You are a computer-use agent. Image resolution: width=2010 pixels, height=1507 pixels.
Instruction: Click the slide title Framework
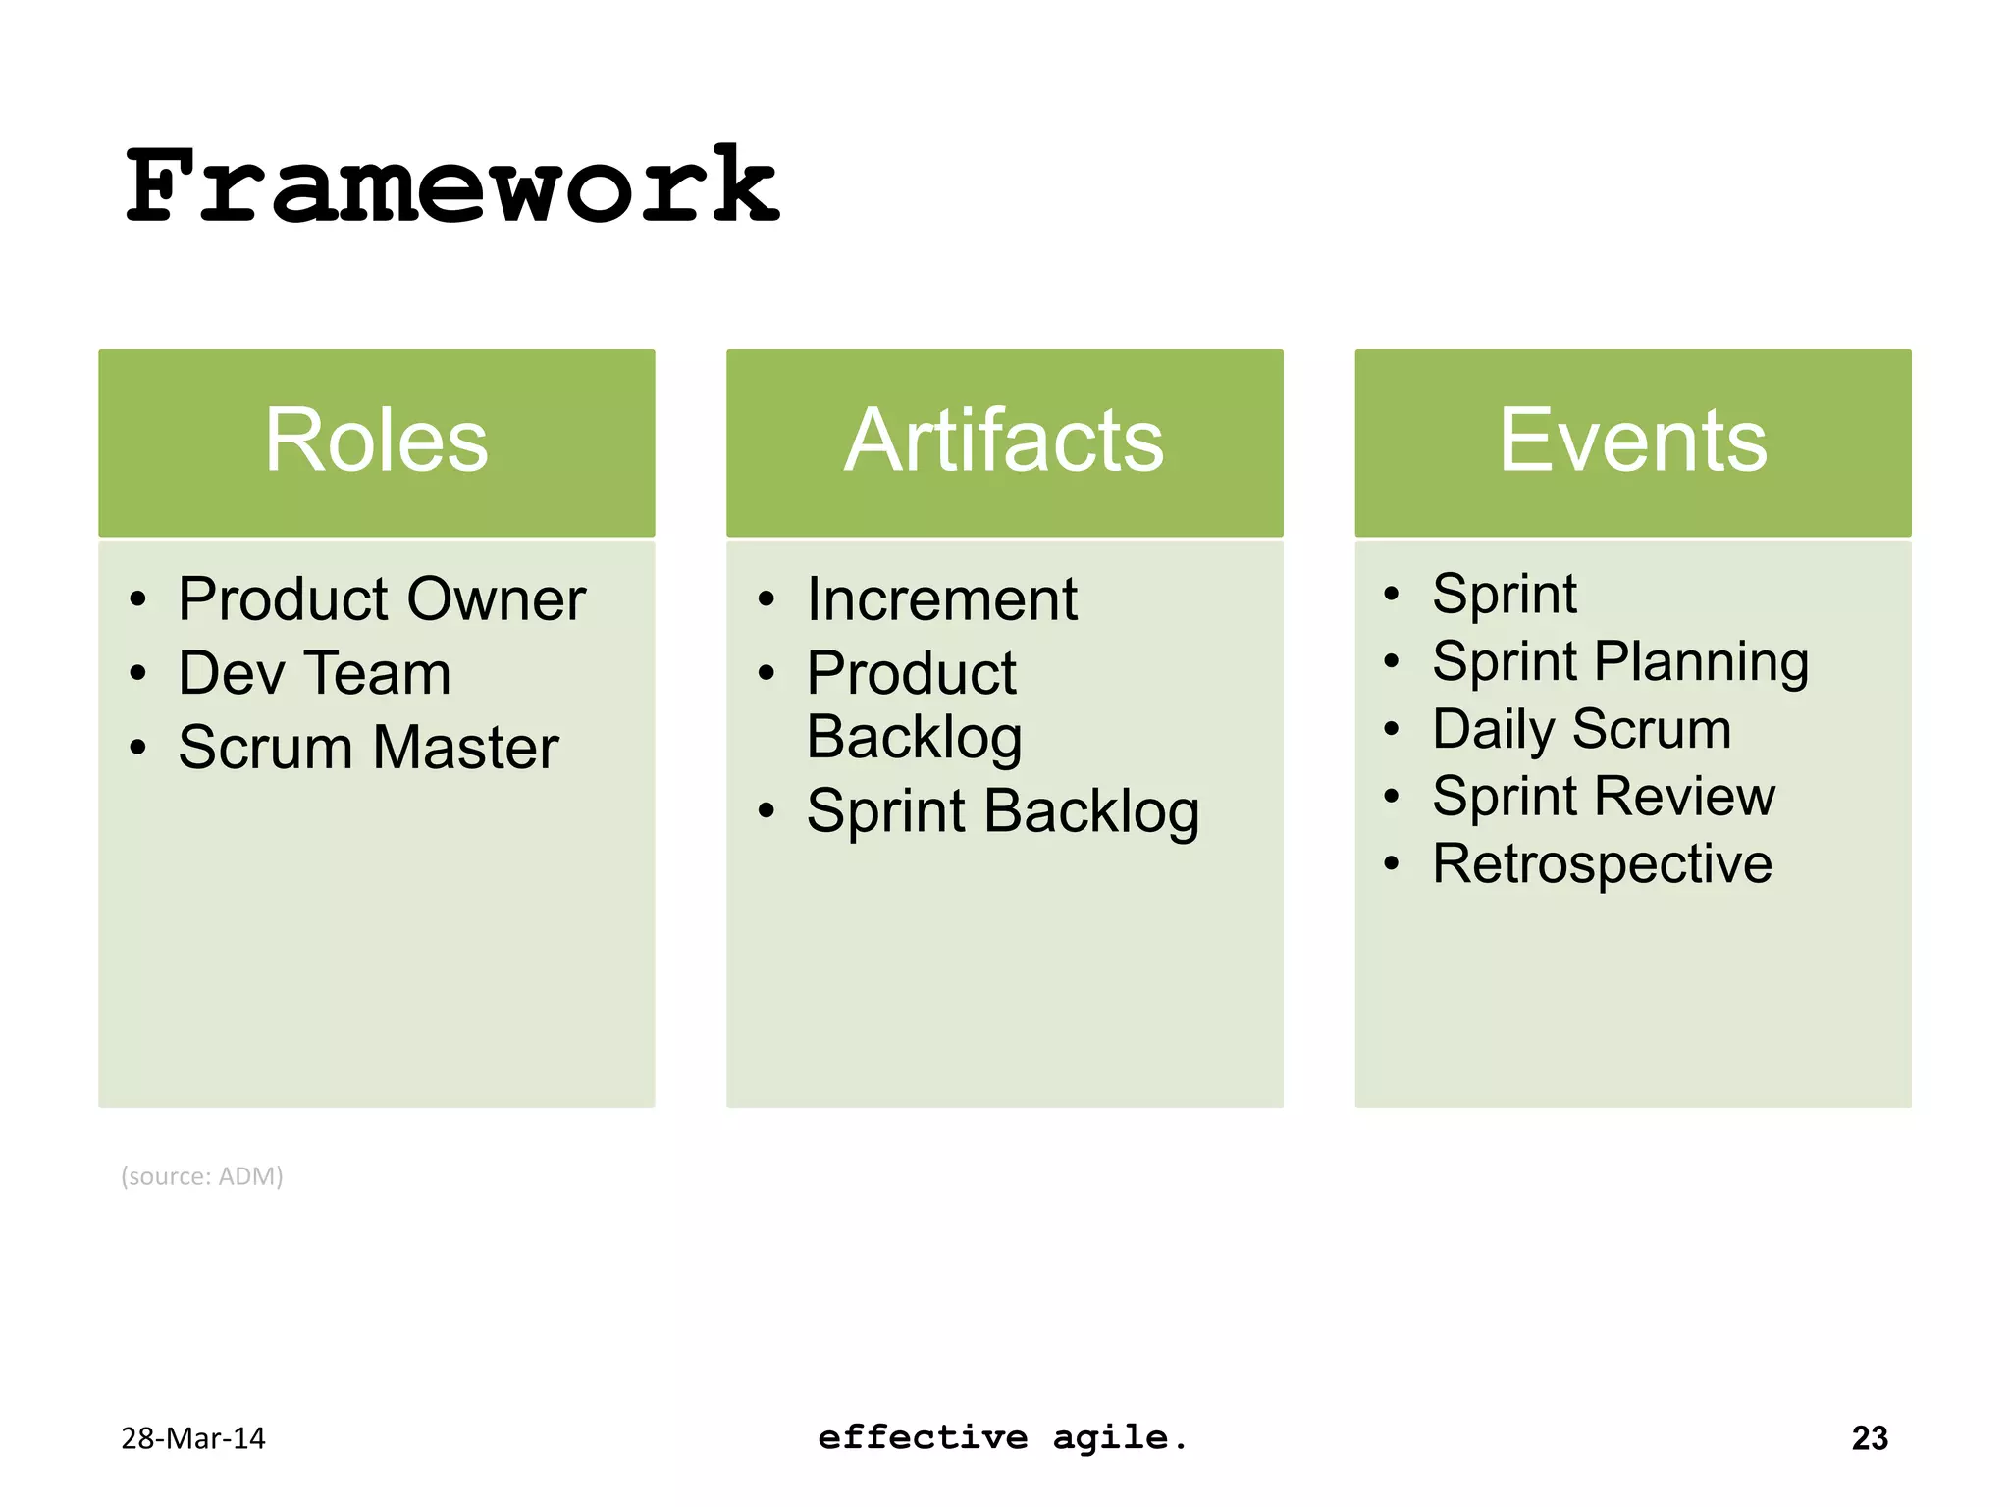pyautogui.click(x=451, y=186)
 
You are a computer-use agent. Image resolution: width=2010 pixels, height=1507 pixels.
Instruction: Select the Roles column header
pyautogui.click(x=376, y=442)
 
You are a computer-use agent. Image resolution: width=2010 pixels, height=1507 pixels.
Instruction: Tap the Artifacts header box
pyautogui.click(x=1004, y=442)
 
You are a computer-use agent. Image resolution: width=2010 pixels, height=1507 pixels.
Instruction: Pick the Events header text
pyautogui.click(x=1632, y=442)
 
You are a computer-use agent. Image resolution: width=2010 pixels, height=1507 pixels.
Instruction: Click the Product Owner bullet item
pyautogui.click(x=381, y=599)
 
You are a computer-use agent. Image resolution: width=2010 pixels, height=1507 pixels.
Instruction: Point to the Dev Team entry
pyautogui.click(x=314, y=674)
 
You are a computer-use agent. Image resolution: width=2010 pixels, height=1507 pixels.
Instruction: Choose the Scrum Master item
pyautogui.click(x=368, y=748)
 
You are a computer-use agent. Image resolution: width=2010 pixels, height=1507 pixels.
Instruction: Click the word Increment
pyautogui.click(x=941, y=599)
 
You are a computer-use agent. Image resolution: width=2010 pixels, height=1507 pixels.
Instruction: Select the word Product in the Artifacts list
pyautogui.click(x=911, y=674)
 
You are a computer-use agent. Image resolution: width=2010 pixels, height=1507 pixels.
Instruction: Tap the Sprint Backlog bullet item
pyautogui.click(x=1002, y=812)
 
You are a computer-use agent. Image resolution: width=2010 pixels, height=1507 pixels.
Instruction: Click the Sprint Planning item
pyautogui.click(x=1619, y=661)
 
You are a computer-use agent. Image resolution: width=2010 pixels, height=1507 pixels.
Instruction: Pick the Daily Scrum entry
pyautogui.click(x=1581, y=729)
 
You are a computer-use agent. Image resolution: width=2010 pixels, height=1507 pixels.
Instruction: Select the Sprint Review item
pyautogui.click(x=1603, y=796)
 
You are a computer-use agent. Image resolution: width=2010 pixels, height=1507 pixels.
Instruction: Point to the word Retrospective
pyautogui.click(x=1602, y=864)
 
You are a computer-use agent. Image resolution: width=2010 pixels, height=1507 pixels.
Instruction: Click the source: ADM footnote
pyautogui.click(x=202, y=1176)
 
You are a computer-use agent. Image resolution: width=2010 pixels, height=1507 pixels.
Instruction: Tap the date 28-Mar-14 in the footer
pyautogui.click(x=193, y=1438)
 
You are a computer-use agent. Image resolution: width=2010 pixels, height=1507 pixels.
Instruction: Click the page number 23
pyautogui.click(x=1869, y=1438)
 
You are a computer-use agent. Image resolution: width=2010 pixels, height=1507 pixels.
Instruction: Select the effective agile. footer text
pyautogui.click(x=1002, y=1438)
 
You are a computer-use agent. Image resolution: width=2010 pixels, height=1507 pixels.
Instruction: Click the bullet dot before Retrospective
pyautogui.click(x=1391, y=864)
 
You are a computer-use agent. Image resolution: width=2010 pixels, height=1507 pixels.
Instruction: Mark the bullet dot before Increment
pyautogui.click(x=767, y=599)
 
